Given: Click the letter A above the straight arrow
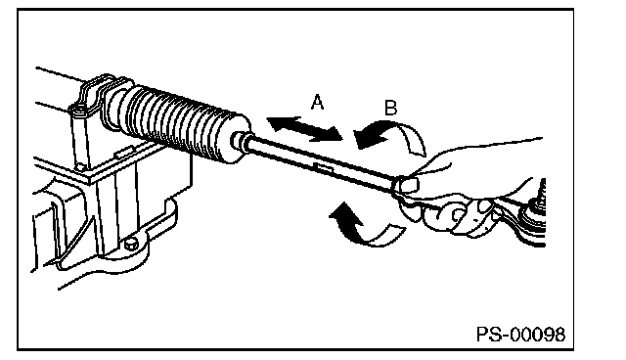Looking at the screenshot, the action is coord(317,102).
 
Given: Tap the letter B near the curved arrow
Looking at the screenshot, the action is coord(390,108).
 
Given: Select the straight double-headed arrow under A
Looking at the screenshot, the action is coord(305,129).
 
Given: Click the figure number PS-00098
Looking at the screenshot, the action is coord(520,334).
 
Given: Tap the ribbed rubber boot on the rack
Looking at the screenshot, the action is coord(180,123).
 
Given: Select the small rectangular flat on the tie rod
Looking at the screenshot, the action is coord(324,167).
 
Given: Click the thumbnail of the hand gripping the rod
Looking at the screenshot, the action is coord(408,184).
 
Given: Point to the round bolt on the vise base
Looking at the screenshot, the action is coord(131,243).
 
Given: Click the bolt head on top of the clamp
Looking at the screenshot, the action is coord(78,109).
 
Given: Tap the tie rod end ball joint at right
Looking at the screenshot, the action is coord(533,217).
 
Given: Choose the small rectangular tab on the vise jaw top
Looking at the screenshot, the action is coord(123,152).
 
